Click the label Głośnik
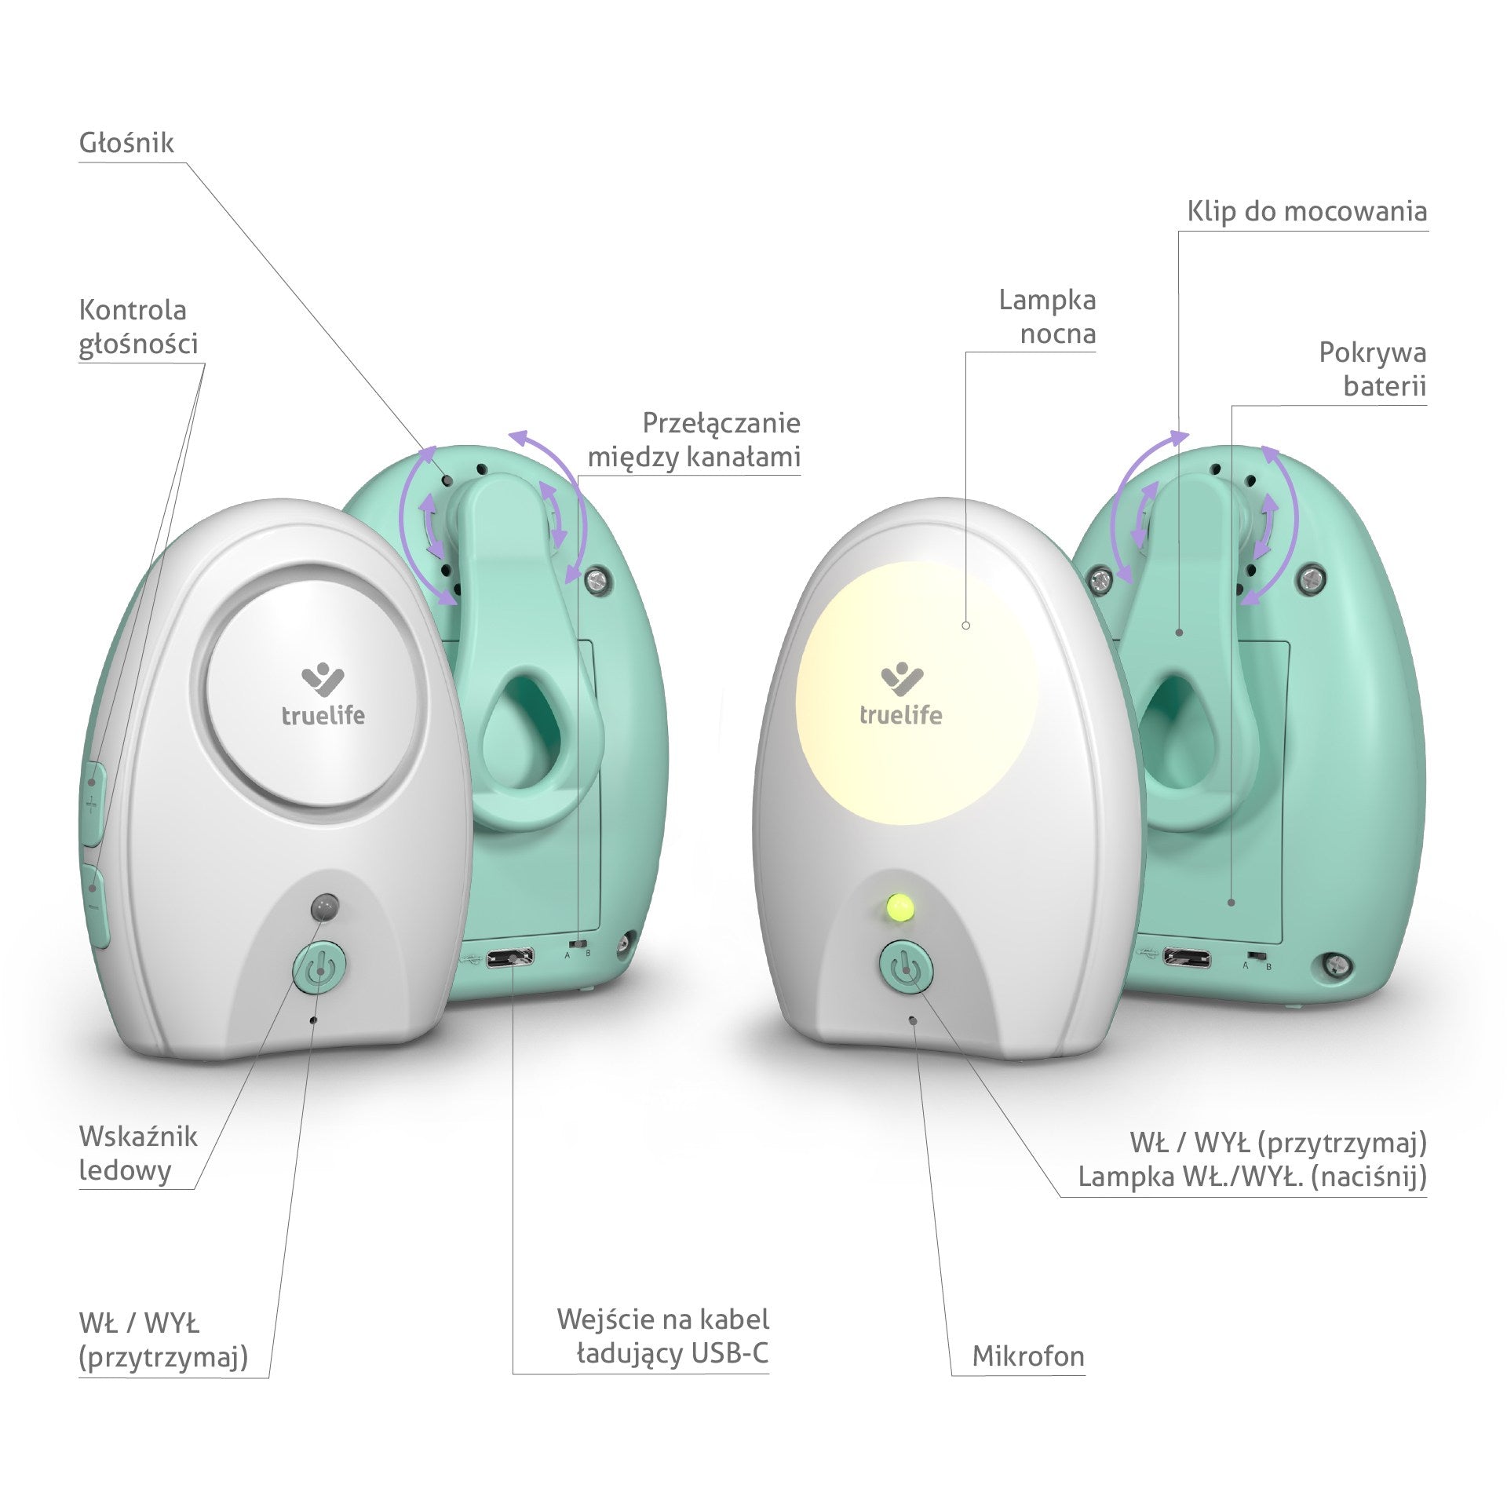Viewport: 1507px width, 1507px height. [126, 143]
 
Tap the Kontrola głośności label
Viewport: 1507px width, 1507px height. [138, 327]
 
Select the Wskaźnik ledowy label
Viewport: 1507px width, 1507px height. [138, 1153]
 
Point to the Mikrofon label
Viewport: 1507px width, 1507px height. [1027, 1356]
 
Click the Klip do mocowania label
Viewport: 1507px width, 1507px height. [1306, 211]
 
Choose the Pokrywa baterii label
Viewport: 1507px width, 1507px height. [1372, 369]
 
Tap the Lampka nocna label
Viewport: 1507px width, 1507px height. [1047, 316]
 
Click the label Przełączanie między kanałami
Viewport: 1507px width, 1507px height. [694, 440]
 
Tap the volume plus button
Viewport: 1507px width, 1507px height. [93, 801]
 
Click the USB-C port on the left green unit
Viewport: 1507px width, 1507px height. [510, 958]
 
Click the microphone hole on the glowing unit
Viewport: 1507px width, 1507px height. [912, 1020]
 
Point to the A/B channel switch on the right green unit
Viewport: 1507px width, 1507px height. [1257, 958]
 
